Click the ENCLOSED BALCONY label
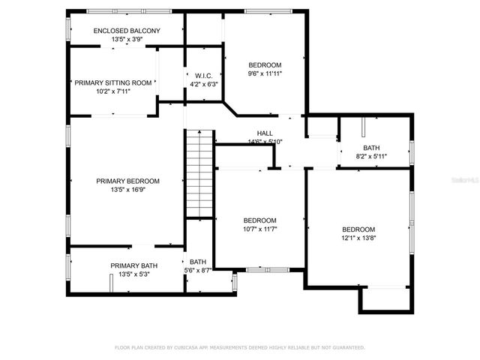[x=126, y=31]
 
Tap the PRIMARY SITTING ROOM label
[x=113, y=82]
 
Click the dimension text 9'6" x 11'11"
[x=265, y=73]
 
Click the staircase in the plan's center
[x=199, y=172]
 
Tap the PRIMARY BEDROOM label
[x=127, y=181]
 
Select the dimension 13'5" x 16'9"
[x=127, y=190]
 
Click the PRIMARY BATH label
[x=133, y=265]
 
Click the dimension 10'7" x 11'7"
[x=260, y=229]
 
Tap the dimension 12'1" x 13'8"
[x=358, y=238]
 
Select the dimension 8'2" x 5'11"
[x=371, y=157]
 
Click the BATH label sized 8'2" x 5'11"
[x=371, y=148]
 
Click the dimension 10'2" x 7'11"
[x=113, y=91]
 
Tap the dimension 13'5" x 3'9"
[x=126, y=39]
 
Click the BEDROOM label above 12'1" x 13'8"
[x=358, y=229]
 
